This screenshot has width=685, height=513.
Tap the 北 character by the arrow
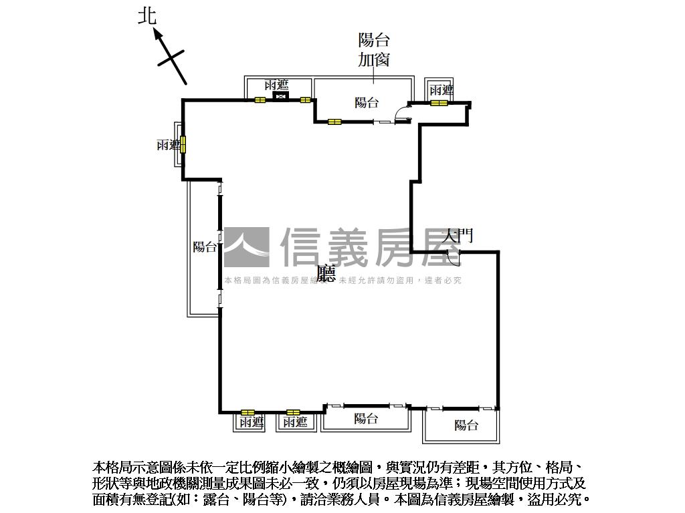[147, 16]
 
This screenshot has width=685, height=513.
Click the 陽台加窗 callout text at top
[374, 50]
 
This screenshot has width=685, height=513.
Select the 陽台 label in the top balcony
[367, 102]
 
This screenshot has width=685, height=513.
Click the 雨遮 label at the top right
[442, 90]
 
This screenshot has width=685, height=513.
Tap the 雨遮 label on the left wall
[168, 145]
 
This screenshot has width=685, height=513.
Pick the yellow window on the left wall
[183, 144]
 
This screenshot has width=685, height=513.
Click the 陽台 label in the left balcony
[205, 247]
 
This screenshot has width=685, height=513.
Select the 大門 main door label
[460, 236]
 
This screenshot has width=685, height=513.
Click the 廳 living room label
[326, 274]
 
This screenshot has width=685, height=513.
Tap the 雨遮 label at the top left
[276, 85]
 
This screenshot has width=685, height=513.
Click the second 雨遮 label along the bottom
[295, 422]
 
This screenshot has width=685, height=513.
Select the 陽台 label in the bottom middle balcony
[366, 419]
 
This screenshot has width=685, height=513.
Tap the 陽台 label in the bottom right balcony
[466, 425]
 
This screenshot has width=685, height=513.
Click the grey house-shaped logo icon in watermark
[247, 248]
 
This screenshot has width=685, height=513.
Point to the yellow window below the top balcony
[334, 122]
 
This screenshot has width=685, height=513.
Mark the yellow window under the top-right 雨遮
[439, 103]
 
